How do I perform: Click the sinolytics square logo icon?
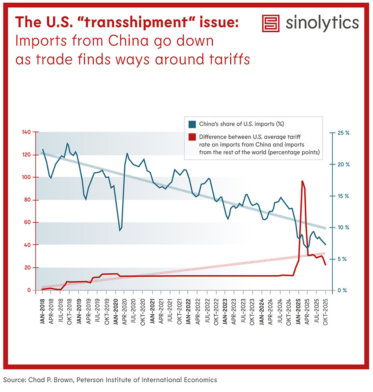coord(271,23)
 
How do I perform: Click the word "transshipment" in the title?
coord(136,23)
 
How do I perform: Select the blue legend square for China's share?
coord(192,124)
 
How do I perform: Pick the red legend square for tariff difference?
coord(192,137)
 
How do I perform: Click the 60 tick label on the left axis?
coord(28,222)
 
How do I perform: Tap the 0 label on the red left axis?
coord(29,290)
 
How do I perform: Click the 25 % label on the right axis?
coord(344,133)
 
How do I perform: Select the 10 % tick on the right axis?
coord(344,227)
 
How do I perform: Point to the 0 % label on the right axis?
coord(342,290)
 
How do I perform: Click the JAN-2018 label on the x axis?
coord(42,311)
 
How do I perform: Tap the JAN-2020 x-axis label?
coord(116,311)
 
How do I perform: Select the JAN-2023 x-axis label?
coord(225,311)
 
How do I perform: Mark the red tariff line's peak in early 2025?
coord(302,181)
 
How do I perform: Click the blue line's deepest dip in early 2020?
coord(120,231)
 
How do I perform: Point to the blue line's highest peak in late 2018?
coord(67,143)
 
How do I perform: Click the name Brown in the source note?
coord(63,380)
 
